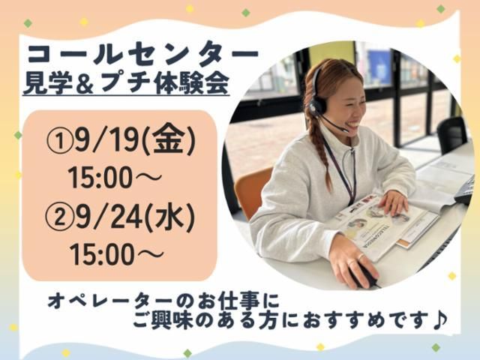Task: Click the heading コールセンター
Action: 143,54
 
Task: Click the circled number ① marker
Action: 61,142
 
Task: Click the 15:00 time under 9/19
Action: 101,178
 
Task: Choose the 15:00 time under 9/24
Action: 102,255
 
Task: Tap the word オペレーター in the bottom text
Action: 113,300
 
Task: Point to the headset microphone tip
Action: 345,130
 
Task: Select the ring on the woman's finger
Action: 361,256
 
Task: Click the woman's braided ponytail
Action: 319,153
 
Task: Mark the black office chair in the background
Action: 451,135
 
